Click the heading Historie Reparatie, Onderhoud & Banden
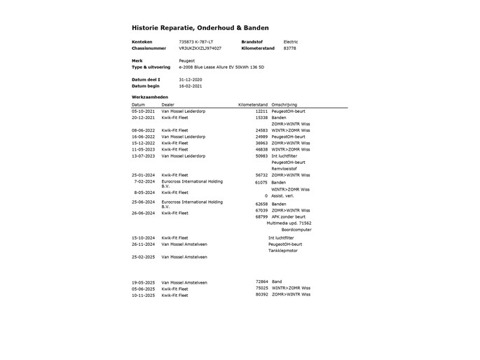pos(197,27)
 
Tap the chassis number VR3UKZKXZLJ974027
pos(200,48)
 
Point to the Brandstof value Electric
pos(290,42)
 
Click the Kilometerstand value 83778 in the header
pos(289,48)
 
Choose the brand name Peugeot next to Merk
pos(187,61)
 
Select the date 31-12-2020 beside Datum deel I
pos(191,80)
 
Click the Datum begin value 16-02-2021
pos(191,86)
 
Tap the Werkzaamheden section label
pos(149,97)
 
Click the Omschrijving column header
pos(284,104)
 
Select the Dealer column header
pos(168,104)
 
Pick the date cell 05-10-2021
pos(145,111)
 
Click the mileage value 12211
pos(261,111)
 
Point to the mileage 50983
pos(261,155)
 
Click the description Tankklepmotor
pos(283,250)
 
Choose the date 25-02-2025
pos(145,257)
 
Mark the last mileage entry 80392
pos(261,295)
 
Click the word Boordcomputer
pos(296,229)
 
